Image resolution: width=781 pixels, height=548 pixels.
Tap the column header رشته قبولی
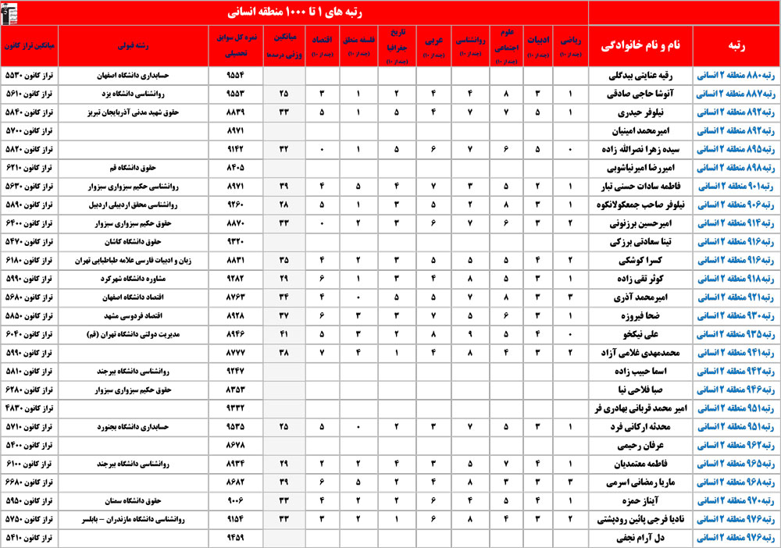coord(134,45)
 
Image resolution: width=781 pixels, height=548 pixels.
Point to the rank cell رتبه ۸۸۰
coord(735,77)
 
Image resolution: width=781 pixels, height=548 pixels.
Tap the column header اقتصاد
coord(323,45)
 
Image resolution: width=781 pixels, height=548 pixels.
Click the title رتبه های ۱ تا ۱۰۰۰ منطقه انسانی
coord(301,12)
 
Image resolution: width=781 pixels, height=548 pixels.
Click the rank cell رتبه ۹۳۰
coord(735,315)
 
